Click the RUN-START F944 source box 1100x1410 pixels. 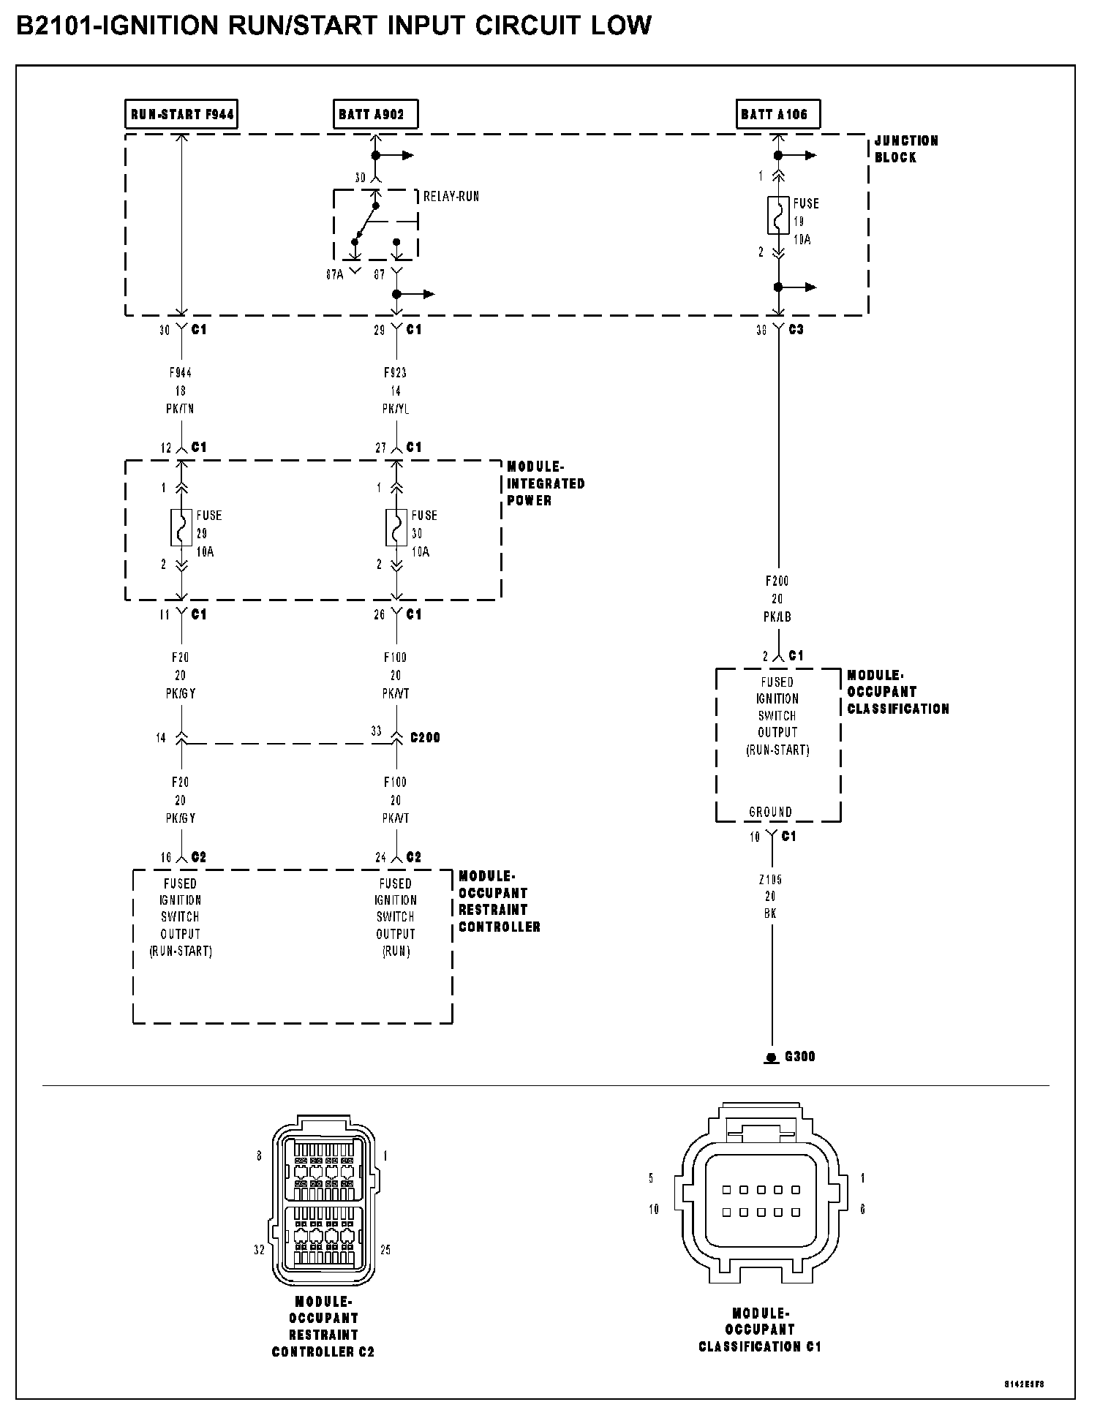click(x=181, y=114)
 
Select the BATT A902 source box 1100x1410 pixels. click(x=375, y=114)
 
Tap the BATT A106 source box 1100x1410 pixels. click(x=777, y=114)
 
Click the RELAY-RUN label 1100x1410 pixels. click(x=451, y=197)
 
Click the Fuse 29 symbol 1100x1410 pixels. click(x=181, y=527)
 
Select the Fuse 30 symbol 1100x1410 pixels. click(x=396, y=527)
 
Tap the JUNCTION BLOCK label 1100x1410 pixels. click(x=905, y=148)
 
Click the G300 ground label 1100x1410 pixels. click(x=799, y=1057)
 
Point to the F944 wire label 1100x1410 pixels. click(x=180, y=373)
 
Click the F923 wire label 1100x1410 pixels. click(x=396, y=373)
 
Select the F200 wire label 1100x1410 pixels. click(x=777, y=581)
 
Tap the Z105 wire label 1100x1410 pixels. click(x=770, y=880)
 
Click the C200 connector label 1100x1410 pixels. click(x=425, y=737)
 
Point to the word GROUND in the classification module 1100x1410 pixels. click(x=770, y=812)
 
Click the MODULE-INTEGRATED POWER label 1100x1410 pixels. click(x=545, y=483)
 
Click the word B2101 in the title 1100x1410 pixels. click(x=56, y=26)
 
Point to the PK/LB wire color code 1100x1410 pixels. click(x=777, y=617)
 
